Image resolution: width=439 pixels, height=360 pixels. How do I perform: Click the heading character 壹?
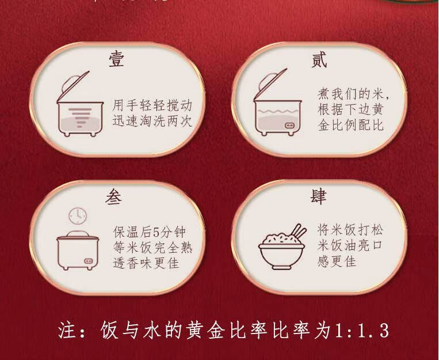[116, 59]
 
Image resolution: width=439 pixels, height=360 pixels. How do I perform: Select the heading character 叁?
[113, 196]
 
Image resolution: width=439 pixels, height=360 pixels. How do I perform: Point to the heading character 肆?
[318, 196]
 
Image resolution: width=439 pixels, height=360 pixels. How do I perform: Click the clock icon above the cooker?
[78, 216]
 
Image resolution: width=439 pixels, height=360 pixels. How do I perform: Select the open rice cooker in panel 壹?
[80, 104]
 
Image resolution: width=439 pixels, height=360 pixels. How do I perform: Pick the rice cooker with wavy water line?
[277, 102]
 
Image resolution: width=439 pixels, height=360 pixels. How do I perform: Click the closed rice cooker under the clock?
[78, 250]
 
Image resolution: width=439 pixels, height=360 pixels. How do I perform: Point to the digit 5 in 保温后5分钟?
[156, 233]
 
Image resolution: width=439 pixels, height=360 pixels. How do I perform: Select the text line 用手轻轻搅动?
[152, 105]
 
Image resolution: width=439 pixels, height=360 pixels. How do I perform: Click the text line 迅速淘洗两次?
[152, 121]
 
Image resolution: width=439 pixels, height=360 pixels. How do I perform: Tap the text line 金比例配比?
[350, 125]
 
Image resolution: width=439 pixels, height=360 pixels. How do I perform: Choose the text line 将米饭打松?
[350, 230]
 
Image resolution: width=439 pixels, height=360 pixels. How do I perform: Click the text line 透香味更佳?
[146, 263]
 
